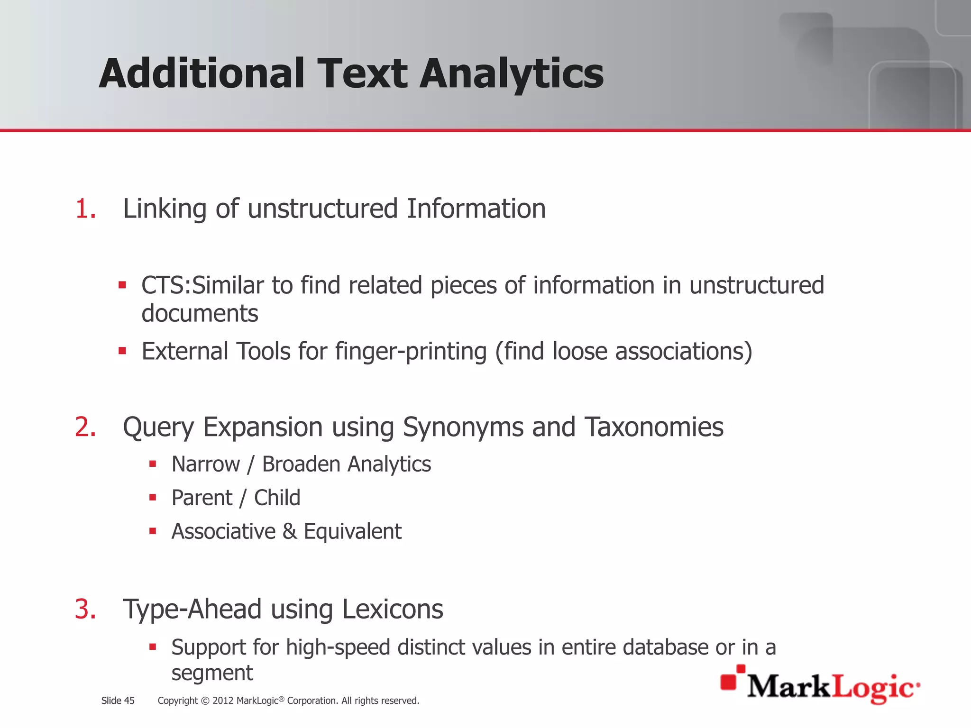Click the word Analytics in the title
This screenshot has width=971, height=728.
[512, 74]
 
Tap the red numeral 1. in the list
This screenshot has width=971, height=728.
[85, 209]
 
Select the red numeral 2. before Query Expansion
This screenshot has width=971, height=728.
[85, 427]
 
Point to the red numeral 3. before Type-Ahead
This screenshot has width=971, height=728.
[85, 610]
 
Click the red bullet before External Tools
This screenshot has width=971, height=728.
[122, 351]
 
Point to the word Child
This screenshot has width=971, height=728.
[277, 498]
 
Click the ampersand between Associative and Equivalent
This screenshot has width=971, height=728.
[290, 532]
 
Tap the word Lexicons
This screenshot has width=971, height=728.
[392, 610]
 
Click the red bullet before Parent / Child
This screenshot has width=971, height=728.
[153, 498]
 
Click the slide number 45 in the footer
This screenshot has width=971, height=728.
[129, 701]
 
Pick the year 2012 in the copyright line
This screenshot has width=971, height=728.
[223, 701]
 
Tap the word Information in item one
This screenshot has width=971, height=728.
[476, 209]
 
